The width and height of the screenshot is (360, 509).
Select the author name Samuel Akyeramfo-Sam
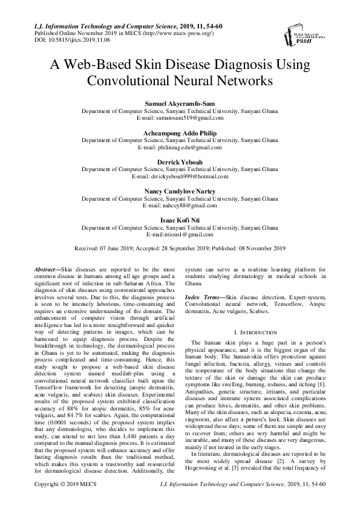[x=180, y=105]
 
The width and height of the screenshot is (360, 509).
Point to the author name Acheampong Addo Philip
[x=180, y=133]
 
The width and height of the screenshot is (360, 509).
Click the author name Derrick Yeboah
[x=180, y=162]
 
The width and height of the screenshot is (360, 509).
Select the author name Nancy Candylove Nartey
[x=180, y=191]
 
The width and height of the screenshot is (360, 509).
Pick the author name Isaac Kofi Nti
[x=180, y=219]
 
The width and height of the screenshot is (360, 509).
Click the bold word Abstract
[x=44, y=268]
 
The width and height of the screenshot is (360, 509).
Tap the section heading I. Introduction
[x=255, y=332]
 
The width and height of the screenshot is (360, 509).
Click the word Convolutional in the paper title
[x=134, y=80]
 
